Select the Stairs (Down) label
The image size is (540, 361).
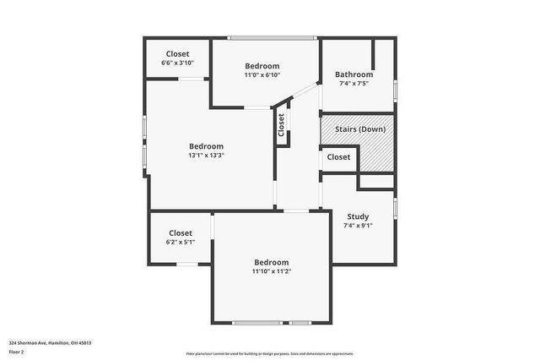[354, 129]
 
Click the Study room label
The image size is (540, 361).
[358, 216]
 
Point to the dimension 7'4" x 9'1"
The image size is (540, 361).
[358, 226]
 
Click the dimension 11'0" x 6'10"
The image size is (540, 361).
[262, 75]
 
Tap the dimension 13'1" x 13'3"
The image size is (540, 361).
[206, 155]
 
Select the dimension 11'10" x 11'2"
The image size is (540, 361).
[271, 271]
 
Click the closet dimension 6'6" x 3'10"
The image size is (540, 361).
[177, 63]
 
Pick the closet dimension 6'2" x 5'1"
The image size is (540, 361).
[180, 242]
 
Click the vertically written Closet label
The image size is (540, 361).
[282, 124]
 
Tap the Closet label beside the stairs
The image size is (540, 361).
[338, 157]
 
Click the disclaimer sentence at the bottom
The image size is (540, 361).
[270, 353]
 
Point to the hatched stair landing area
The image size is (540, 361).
[376, 155]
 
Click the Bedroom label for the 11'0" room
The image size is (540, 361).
[262, 66]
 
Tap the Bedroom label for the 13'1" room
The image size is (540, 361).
[206, 145]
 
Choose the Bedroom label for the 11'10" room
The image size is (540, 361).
[271, 262]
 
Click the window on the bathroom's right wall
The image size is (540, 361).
[395, 90]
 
